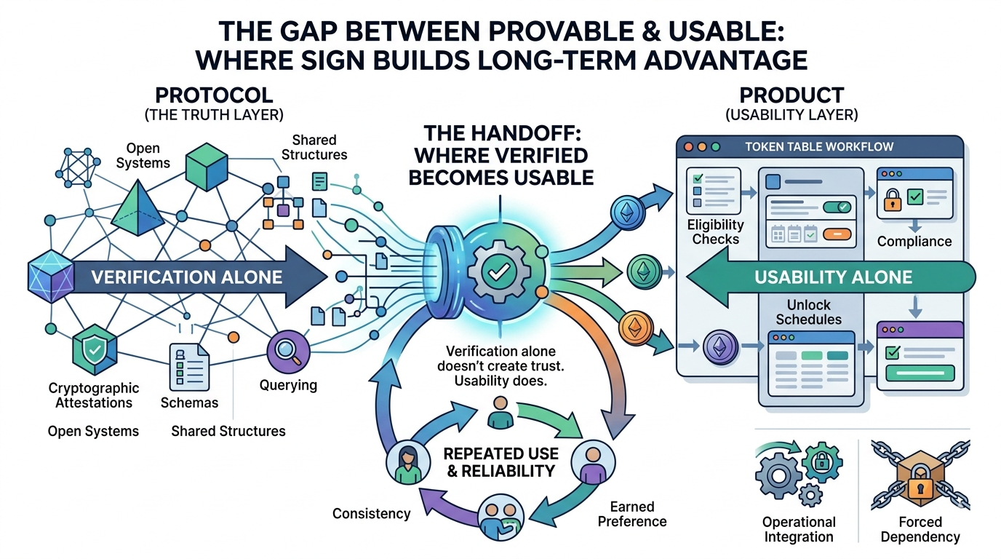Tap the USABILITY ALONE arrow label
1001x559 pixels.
click(x=833, y=277)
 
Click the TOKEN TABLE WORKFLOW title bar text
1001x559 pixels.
click(x=819, y=146)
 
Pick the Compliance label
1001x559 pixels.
click(x=914, y=241)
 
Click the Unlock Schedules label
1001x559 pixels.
click(x=808, y=312)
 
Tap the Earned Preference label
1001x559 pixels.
click(x=631, y=513)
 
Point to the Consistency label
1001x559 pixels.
click(x=371, y=513)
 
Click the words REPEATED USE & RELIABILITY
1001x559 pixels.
click(x=500, y=462)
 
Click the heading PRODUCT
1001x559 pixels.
click(x=791, y=95)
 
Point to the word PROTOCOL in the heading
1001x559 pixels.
click(x=214, y=95)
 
